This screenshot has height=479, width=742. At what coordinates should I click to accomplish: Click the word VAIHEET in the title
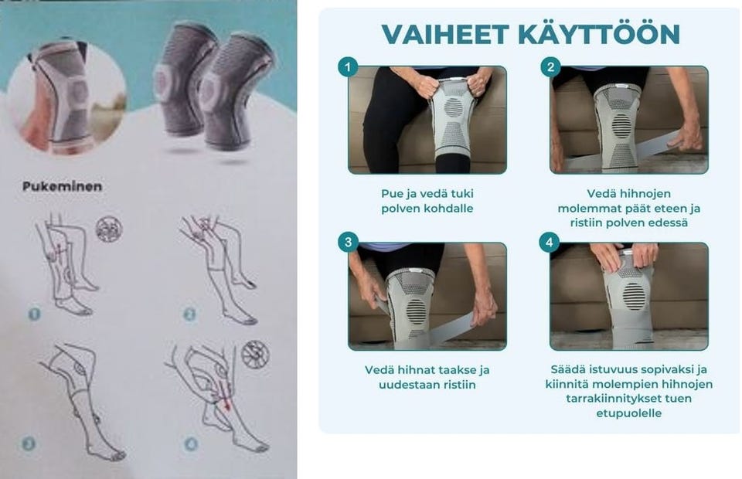coord(445,34)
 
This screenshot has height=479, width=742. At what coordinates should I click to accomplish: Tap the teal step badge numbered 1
coord(348,67)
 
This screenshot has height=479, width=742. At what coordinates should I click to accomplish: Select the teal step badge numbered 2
coord(550,67)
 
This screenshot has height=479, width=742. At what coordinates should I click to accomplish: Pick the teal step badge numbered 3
coord(348,243)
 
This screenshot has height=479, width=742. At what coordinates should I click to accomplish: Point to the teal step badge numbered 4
coord(549,243)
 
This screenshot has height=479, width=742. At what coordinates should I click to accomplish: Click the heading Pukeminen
coord(62,186)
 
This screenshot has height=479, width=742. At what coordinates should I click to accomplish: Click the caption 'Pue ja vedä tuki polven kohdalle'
coord(427,201)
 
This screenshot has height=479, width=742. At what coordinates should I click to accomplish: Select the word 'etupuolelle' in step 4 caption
coord(629,413)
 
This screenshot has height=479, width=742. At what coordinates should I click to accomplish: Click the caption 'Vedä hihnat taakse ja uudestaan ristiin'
coord(427,377)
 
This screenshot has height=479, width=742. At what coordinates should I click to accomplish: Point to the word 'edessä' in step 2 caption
coord(669,223)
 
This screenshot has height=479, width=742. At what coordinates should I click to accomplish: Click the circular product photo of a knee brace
coord(66,97)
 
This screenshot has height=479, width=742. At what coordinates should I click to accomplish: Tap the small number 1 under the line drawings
coord(35,314)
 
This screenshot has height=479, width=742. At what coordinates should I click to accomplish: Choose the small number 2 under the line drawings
coord(189,314)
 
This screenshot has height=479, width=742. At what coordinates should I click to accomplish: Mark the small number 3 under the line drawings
coord(29,443)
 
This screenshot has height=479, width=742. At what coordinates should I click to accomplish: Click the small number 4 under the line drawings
coord(191,443)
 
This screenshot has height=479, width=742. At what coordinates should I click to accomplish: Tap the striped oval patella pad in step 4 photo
coord(633,297)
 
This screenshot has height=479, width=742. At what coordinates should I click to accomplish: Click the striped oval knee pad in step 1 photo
coord(454,107)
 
